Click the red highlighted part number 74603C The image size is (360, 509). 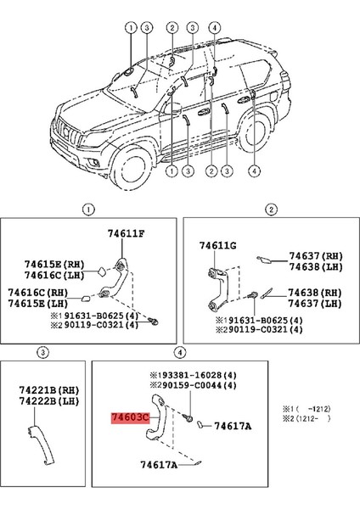click(130, 417)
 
